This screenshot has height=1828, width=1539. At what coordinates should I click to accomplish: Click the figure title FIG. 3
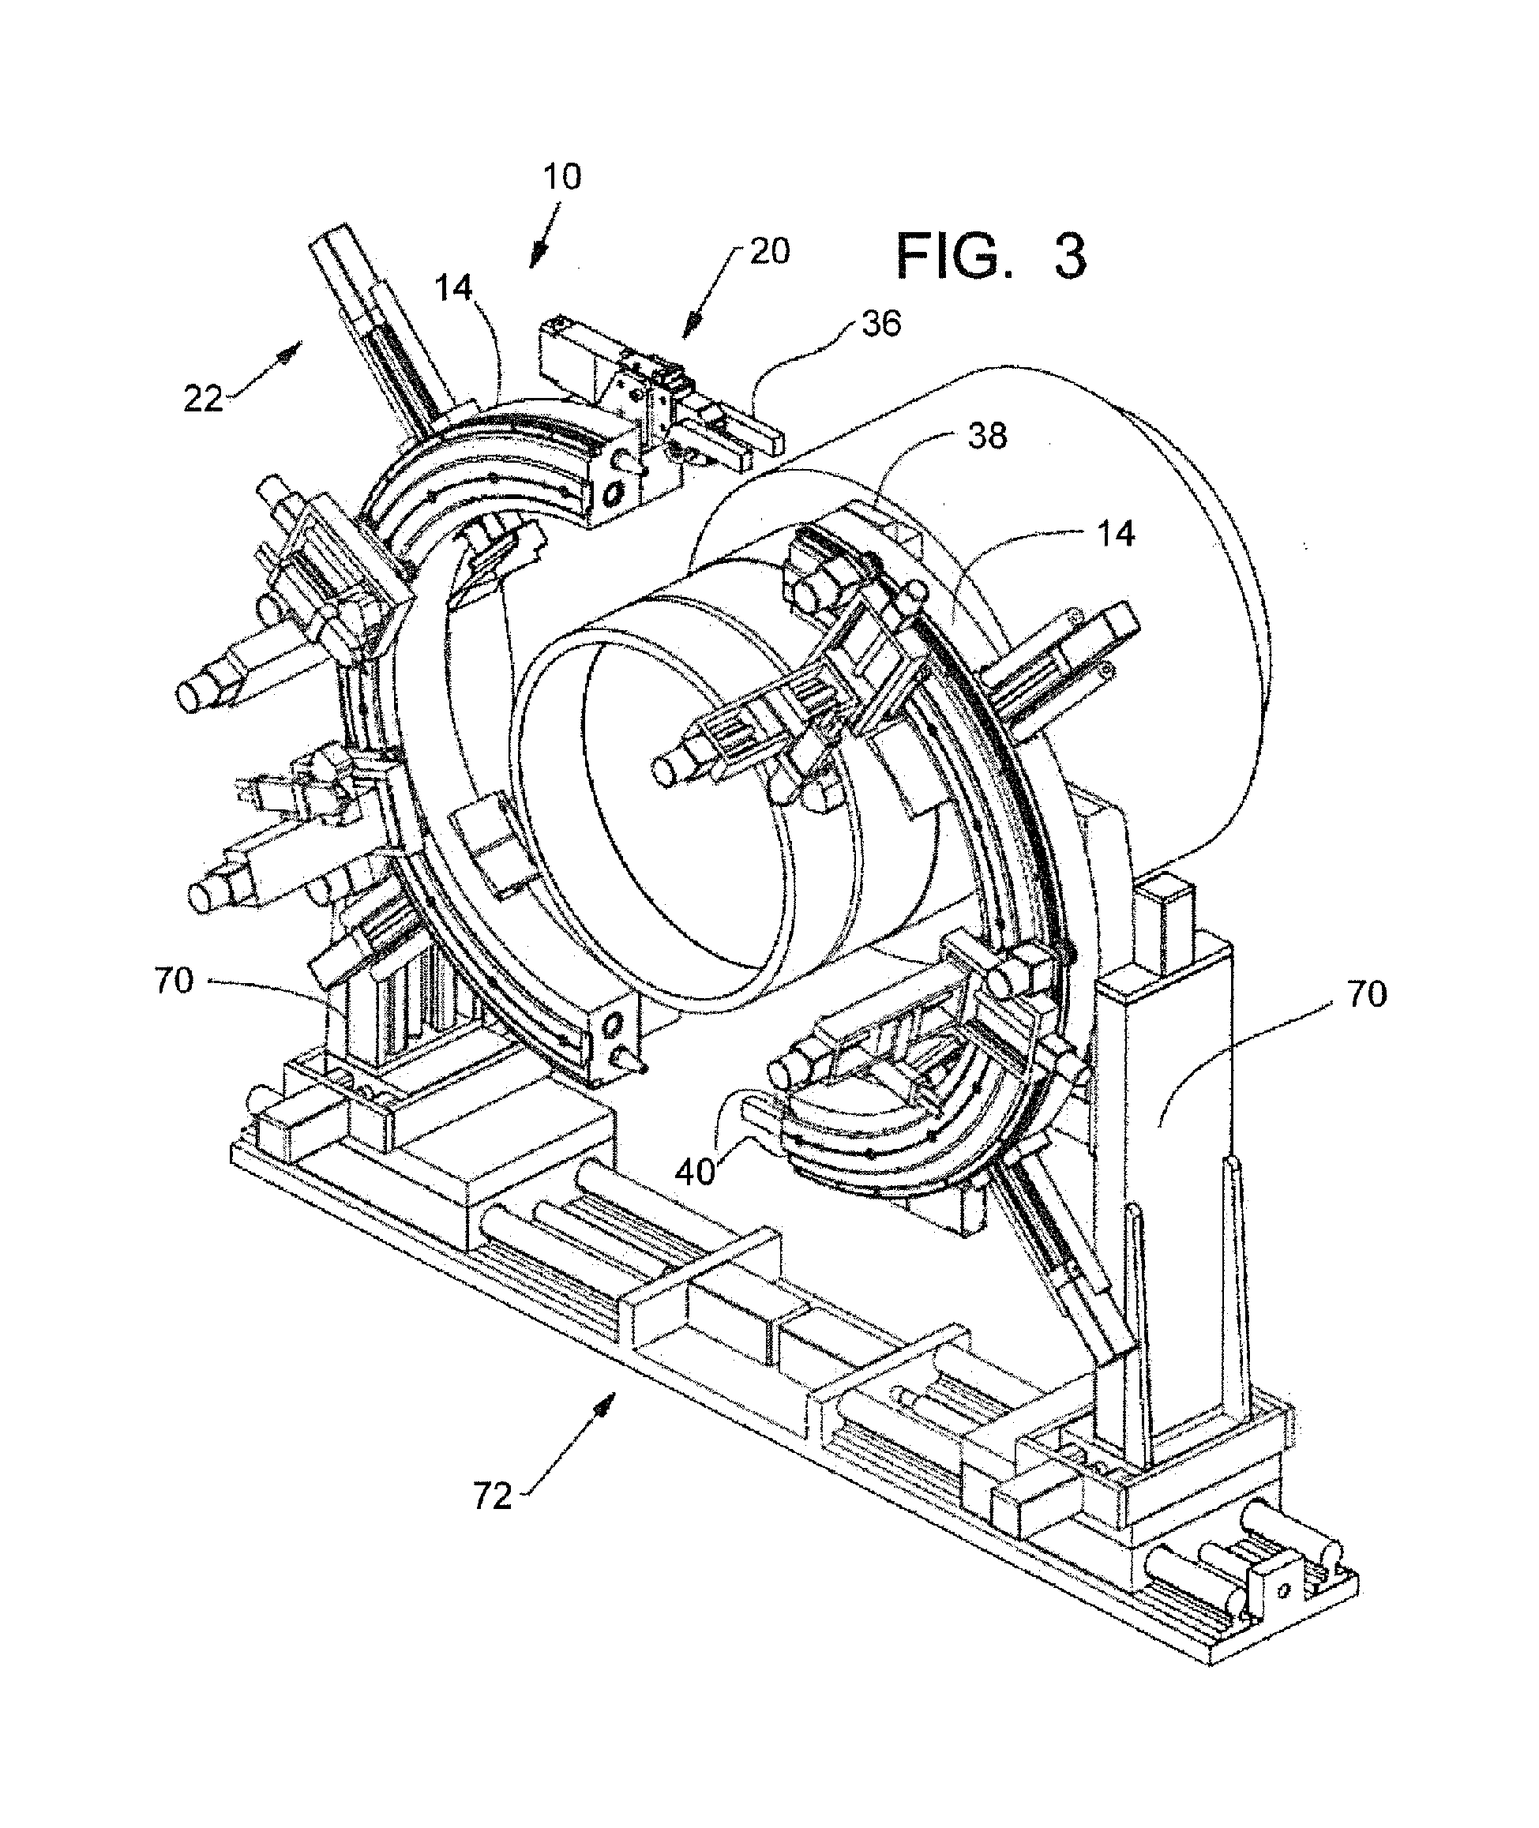(992, 256)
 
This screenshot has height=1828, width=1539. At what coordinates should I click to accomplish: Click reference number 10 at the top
(562, 177)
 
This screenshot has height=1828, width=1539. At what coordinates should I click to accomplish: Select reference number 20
(768, 251)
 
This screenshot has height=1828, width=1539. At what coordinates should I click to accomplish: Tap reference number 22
(202, 399)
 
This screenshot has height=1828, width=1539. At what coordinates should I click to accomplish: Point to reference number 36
(880, 324)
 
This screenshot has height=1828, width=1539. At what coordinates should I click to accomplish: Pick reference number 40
(696, 1172)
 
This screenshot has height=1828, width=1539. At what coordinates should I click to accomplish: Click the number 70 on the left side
(174, 981)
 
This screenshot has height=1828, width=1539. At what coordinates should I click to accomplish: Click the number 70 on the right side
(1366, 994)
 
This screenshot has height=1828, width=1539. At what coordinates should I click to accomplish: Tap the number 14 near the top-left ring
(454, 288)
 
